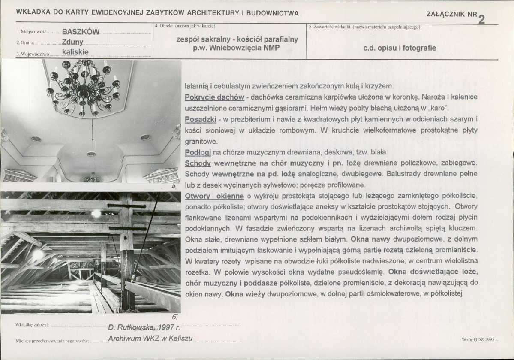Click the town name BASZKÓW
click(x=81, y=32)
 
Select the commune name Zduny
click(x=72, y=42)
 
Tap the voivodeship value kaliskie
click(x=75, y=52)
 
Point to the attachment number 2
click(x=481, y=20)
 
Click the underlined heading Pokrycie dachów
click(x=214, y=97)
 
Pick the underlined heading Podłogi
click(x=198, y=153)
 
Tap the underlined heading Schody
click(x=198, y=163)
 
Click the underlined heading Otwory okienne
click(x=214, y=196)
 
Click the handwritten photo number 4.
click(x=174, y=187)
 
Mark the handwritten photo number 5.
click(x=174, y=318)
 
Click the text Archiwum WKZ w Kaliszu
click(x=150, y=339)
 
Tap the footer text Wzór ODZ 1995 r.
click(x=480, y=340)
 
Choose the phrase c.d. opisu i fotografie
click(x=400, y=48)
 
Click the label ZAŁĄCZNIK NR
click(x=452, y=14)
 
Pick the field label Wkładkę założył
click(x=32, y=325)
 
